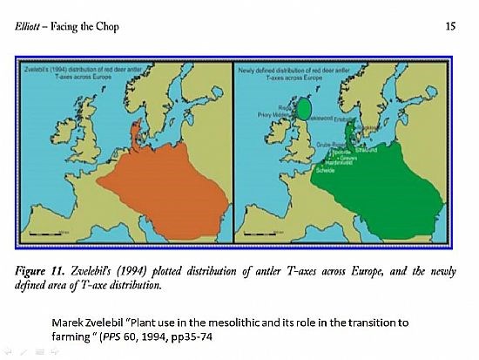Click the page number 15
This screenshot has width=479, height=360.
click(450, 26)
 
